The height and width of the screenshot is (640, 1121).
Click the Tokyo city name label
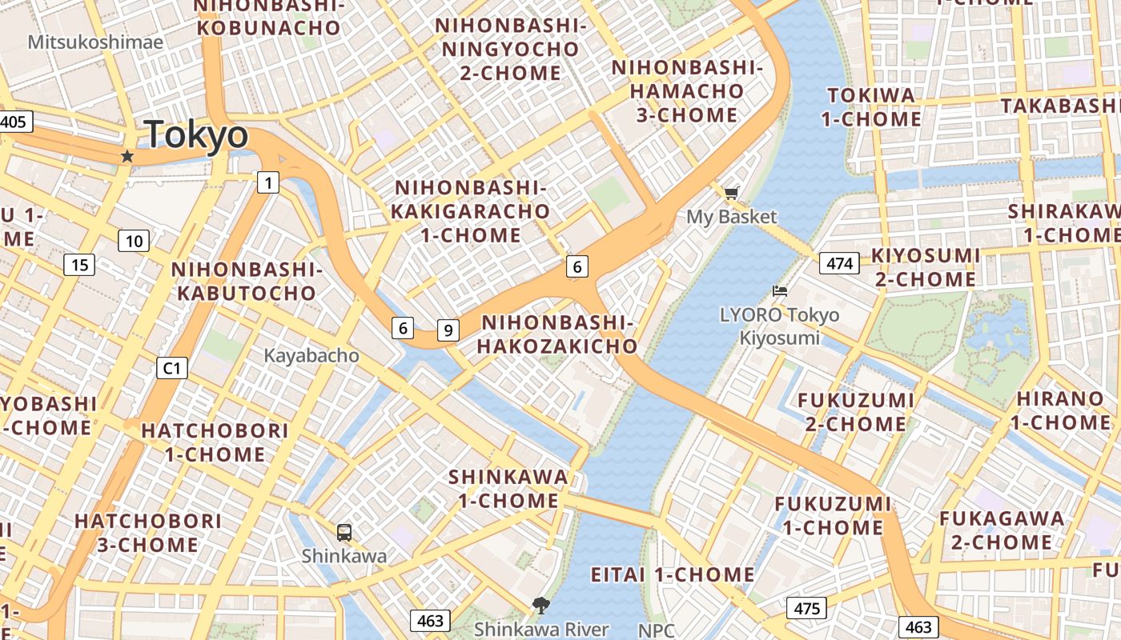click(x=196, y=135)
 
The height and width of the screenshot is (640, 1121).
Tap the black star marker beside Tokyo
click(x=127, y=156)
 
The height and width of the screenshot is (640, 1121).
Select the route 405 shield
click(x=13, y=122)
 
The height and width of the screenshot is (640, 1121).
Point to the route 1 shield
click(x=267, y=182)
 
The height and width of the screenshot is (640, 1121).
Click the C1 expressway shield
click(x=171, y=368)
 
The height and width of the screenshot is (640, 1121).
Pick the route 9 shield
click(x=448, y=329)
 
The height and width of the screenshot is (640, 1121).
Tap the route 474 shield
click(x=839, y=263)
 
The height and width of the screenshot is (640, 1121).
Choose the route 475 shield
click(x=806, y=609)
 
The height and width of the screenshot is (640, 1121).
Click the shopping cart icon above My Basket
click(x=731, y=193)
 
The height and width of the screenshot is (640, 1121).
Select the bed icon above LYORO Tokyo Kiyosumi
click(x=779, y=291)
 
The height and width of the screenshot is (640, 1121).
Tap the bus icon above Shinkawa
click(x=344, y=532)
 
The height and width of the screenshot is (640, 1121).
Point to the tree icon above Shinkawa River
click(x=541, y=605)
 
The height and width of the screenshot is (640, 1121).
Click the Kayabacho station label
click(x=311, y=356)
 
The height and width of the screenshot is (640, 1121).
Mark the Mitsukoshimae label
click(x=95, y=42)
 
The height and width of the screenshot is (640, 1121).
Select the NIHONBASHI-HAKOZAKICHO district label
click(x=558, y=334)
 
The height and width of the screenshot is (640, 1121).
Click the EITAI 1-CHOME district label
click(x=673, y=575)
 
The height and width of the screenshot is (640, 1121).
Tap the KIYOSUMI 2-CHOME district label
click(x=925, y=268)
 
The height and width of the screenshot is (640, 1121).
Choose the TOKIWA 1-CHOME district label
click(x=874, y=107)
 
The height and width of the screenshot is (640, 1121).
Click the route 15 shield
click(x=80, y=265)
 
